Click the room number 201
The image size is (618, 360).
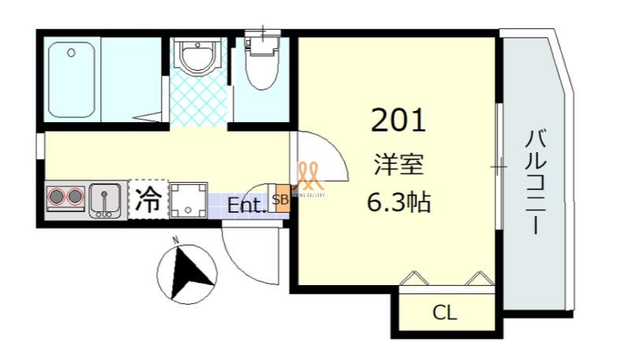tap(398, 120)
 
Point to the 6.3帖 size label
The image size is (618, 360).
tap(398, 202)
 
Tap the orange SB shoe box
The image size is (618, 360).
tap(280, 200)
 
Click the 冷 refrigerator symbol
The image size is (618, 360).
tap(147, 198)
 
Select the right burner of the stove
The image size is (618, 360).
tap(76, 197)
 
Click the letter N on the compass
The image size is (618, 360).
tap(177, 239)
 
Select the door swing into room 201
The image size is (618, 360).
tap(319, 158)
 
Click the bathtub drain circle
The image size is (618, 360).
tap(71, 54)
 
